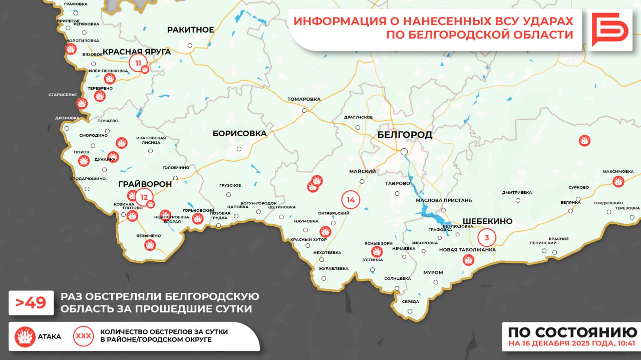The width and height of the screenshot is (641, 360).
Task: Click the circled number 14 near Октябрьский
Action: pyautogui.click(x=351, y=200)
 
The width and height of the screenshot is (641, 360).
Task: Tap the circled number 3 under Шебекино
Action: pyautogui.click(x=486, y=236)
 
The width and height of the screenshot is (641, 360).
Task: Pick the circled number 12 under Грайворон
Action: pyautogui.click(x=144, y=197)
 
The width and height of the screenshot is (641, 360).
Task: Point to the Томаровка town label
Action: pyautogui.click(x=303, y=99)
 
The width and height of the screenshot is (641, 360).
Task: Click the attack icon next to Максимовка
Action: pyautogui.click(x=618, y=181)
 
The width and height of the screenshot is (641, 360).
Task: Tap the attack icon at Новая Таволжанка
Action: pyautogui.click(x=468, y=259)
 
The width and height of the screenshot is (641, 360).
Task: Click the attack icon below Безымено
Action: pyautogui.click(x=149, y=245)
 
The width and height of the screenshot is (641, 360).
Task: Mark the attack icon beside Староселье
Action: pyautogui.click(x=82, y=103)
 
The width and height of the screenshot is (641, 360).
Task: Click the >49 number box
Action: pyautogui.click(x=31, y=302)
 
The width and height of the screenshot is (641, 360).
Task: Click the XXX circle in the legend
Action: pyautogui.click(x=83, y=336)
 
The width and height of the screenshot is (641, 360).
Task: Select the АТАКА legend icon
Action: pyautogui.click(x=25, y=336)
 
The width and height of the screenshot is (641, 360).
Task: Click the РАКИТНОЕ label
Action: pyautogui.click(x=190, y=30)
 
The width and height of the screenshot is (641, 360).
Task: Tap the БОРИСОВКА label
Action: pyautogui.click(x=239, y=134)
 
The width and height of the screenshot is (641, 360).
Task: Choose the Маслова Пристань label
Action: pyautogui.click(x=444, y=200)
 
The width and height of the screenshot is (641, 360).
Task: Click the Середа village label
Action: pyautogui.click(x=411, y=301)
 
